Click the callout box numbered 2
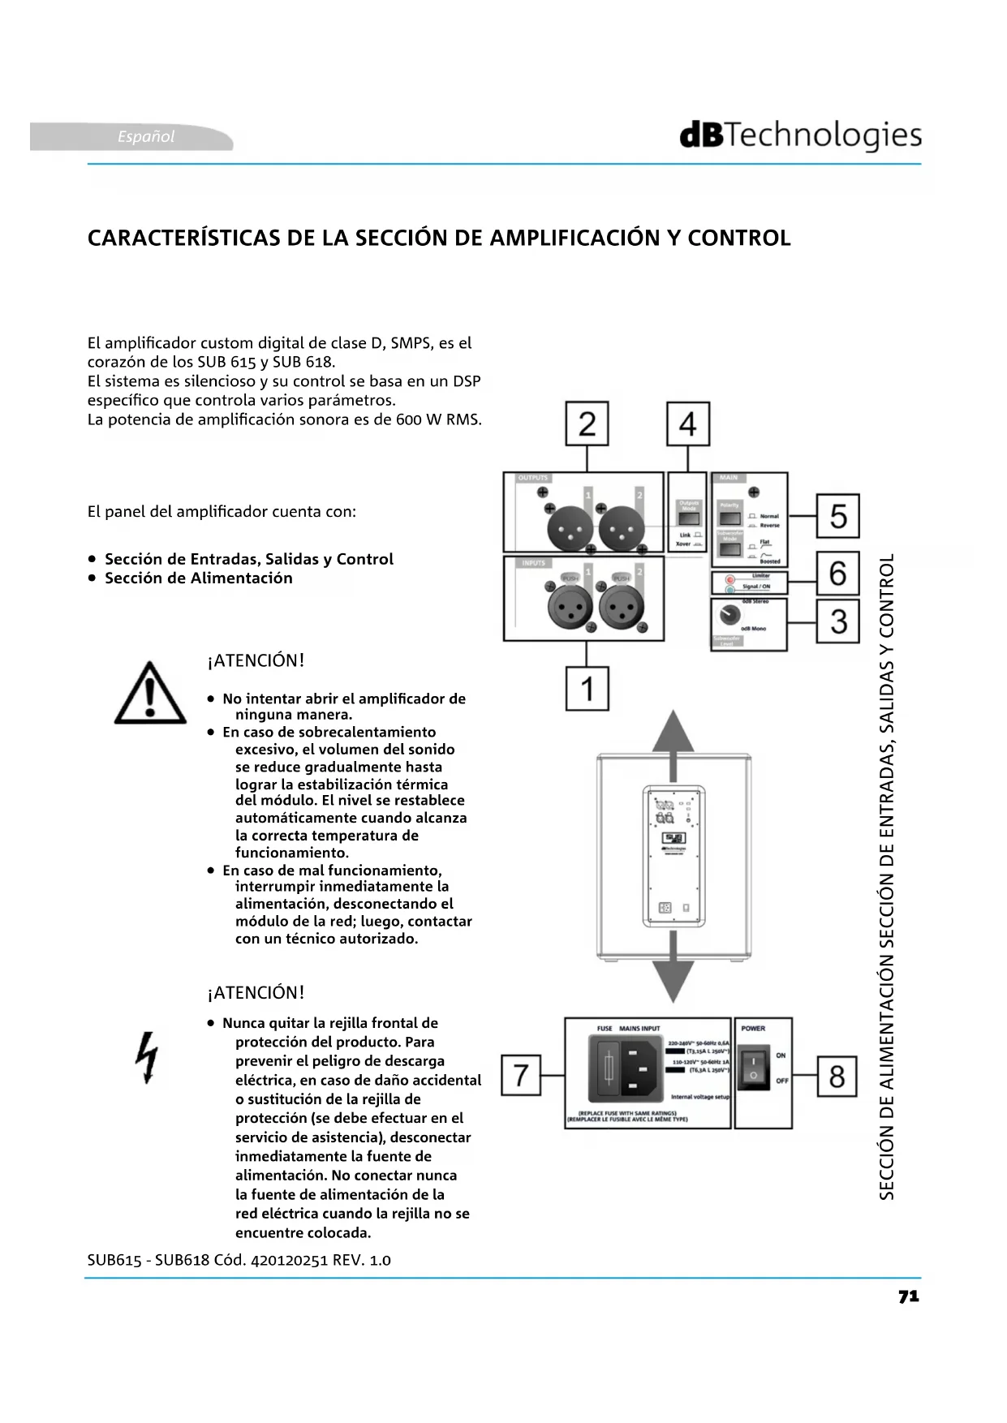[x=587, y=423]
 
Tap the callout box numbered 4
[x=688, y=423]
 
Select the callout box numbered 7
[x=521, y=1075]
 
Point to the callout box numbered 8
[x=837, y=1076]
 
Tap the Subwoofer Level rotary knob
[x=729, y=616]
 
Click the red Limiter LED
[x=729, y=580]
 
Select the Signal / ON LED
[x=729, y=589]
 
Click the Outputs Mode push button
[x=688, y=519]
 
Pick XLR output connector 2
[x=622, y=529]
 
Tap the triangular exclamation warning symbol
[x=150, y=694]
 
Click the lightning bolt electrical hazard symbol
[x=148, y=1057]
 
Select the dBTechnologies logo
[x=800, y=135]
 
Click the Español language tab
[x=146, y=136]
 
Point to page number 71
[x=909, y=1296]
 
